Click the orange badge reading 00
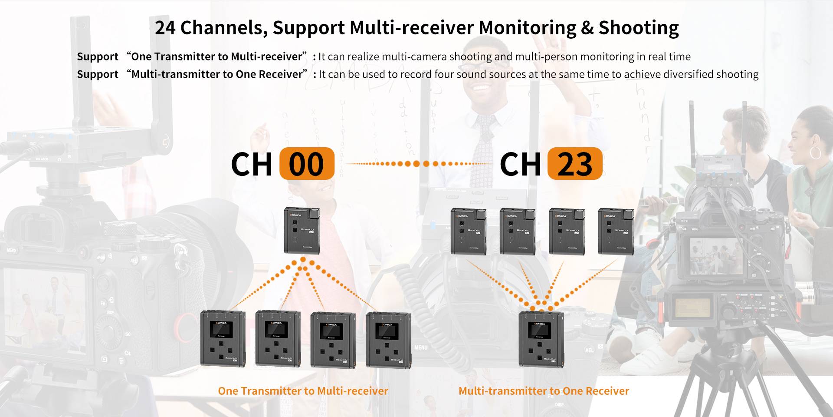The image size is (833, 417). click(x=307, y=164)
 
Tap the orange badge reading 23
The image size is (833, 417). click(x=575, y=164)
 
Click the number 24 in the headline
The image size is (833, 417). click(x=165, y=27)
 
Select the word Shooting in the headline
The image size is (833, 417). click(x=639, y=27)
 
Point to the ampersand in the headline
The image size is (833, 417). click(x=587, y=27)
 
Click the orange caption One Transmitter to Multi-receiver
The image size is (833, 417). click(x=303, y=391)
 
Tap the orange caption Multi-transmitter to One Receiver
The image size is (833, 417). click(x=544, y=391)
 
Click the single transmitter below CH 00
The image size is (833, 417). click(x=302, y=231)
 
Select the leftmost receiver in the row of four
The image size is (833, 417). click(x=222, y=338)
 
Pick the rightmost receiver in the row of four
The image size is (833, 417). click(x=388, y=339)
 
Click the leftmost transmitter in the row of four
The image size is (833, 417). click(x=468, y=231)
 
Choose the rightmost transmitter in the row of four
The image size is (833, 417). click(x=616, y=231)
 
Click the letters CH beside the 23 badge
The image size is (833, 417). click(x=520, y=164)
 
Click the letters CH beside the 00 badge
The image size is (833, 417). click(x=252, y=164)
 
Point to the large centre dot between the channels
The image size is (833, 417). click(x=416, y=164)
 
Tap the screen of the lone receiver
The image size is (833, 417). click(x=539, y=331)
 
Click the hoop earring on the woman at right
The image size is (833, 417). click(x=815, y=152)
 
